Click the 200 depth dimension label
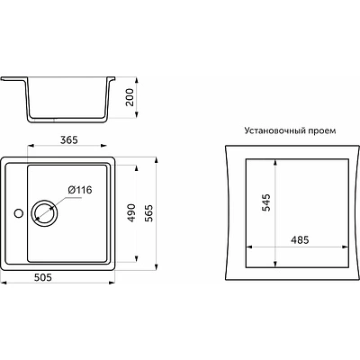point(130,97)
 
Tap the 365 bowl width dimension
point(69,140)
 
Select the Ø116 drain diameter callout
point(80,190)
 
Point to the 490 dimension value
point(132,213)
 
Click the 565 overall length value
point(149,213)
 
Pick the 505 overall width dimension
point(43,277)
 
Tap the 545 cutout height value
point(266,202)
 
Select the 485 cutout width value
point(300,240)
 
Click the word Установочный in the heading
point(275,131)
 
